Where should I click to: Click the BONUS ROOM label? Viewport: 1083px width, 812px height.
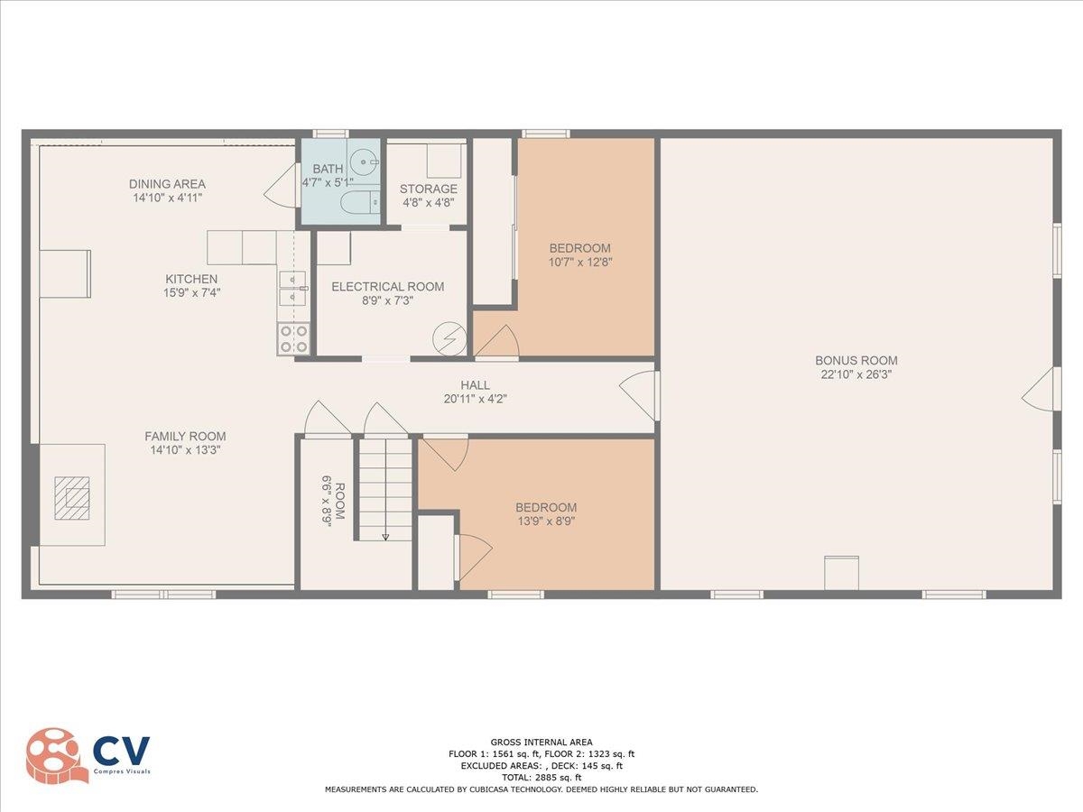click(x=856, y=360)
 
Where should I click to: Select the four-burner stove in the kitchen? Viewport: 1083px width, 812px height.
click(x=293, y=338)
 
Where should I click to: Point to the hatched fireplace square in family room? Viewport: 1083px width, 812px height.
click(x=72, y=498)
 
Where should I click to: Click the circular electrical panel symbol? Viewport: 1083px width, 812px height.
click(x=449, y=338)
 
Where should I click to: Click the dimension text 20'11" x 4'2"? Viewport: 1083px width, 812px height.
click(x=475, y=399)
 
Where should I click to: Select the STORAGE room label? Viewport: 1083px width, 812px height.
click(x=429, y=189)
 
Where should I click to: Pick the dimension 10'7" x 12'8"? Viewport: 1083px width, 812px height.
click(x=580, y=262)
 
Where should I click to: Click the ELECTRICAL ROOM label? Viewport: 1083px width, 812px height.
click(x=388, y=286)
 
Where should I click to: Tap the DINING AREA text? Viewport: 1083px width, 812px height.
click(x=167, y=184)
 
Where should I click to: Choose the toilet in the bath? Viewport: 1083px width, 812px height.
click(x=360, y=202)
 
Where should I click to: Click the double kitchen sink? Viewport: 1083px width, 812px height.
click(x=293, y=288)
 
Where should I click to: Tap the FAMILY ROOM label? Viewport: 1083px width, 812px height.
click(x=186, y=437)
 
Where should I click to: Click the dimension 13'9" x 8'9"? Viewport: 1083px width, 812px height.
click(x=546, y=521)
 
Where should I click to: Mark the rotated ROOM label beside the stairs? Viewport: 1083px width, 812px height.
click(x=340, y=501)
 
